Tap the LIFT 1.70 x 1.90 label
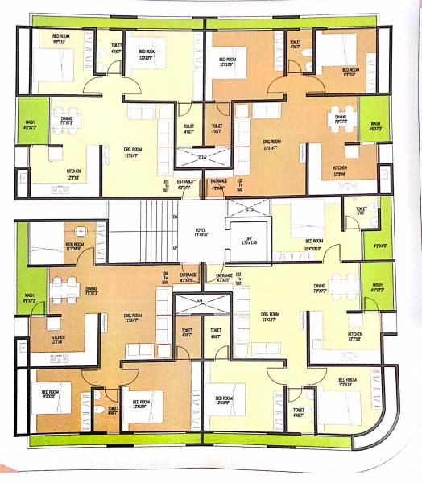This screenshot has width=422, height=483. click(x=247, y=239)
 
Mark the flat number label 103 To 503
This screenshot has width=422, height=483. click(x=238, y=278)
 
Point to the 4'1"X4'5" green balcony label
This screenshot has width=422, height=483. click(x=379, y=246)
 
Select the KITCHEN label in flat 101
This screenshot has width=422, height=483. click(x=73, y=172)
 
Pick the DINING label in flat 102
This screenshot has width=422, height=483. click(x=340, y=119)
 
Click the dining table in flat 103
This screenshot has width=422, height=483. click(x=345, y=284)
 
